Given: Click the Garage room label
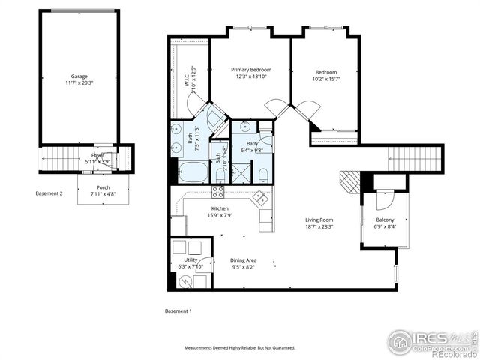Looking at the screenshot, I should [79, 76].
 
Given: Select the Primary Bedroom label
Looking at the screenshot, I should [250, 70].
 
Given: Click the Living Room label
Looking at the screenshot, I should [319, 220].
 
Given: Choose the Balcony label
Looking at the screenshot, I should [385, 220].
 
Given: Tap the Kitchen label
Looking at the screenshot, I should [220, 208].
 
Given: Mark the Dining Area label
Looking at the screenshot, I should [243, 259].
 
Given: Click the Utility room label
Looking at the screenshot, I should [190, 259].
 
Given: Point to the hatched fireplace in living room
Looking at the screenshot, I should [349, 181].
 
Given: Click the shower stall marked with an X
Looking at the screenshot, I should [241, 175].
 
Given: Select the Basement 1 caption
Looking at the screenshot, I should [178, 310].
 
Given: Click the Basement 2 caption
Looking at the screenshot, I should [49, 193].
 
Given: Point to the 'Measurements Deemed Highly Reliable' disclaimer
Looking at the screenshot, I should [240, 348].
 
